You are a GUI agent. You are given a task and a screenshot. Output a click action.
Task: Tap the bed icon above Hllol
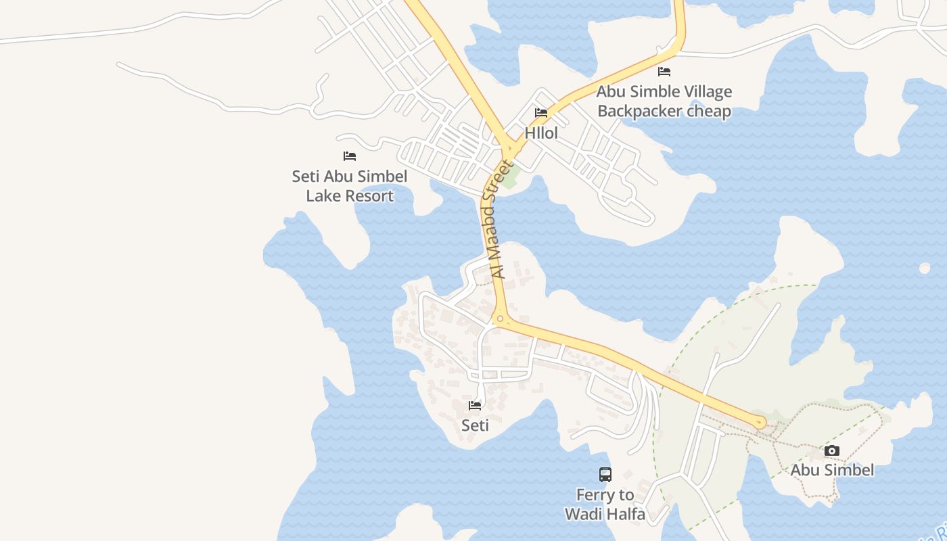coord(541,113)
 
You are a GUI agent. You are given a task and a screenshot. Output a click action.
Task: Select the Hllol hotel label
coord(542,133)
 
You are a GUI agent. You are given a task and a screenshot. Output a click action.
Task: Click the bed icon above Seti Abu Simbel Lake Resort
coord(350,156)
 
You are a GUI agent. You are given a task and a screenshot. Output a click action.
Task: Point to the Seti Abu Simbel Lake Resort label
coord(350,186)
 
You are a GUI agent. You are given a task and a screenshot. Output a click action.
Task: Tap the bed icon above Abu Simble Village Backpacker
coord(664,72)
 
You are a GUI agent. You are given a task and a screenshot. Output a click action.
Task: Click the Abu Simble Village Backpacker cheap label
coord(664,101)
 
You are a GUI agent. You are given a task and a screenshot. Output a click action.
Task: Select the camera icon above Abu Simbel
coord(832,451)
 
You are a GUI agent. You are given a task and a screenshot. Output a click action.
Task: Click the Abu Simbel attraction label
coord(832,470)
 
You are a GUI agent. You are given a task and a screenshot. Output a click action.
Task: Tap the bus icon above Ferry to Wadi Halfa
coord(605,475)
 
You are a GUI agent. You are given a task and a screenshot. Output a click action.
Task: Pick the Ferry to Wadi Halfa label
coord(605,504)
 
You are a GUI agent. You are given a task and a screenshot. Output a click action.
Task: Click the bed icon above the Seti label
coord(475,406)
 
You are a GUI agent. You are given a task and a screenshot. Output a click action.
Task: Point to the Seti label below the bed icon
coord(475,425)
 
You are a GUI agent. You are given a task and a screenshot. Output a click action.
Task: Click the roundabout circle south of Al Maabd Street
coord(500,319)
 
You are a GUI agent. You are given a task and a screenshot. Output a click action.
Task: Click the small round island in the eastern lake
coord(925,268)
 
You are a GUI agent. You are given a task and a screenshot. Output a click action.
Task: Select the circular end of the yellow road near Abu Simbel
coord(760,423)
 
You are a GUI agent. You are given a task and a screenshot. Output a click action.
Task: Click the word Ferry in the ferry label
coord(595,495)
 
